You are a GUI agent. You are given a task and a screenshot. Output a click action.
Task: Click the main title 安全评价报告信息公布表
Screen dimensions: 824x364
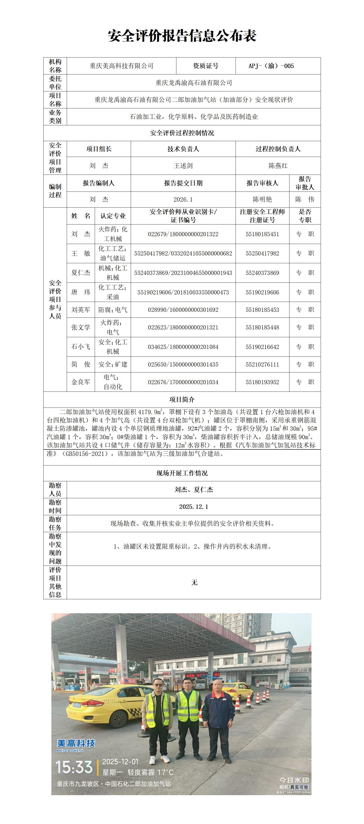tap(182, 36)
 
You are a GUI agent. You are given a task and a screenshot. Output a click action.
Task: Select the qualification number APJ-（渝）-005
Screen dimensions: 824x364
tap(271, 66)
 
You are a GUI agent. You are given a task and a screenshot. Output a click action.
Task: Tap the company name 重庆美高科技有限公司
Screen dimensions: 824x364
tap(121, 66)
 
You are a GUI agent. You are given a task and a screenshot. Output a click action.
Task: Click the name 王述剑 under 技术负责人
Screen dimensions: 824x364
tap(183, 166)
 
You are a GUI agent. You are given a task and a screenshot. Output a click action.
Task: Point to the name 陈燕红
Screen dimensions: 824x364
tap(278, 166)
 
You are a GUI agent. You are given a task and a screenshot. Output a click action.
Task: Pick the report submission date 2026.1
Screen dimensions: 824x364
tap(183, 200)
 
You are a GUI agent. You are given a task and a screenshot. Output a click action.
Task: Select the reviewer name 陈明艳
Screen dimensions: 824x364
tap(262, 200)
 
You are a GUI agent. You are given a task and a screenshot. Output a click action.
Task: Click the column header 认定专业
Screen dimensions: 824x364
tap(113, 216)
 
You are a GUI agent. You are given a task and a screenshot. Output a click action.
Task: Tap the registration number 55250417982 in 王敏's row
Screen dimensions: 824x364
tap(262, 253)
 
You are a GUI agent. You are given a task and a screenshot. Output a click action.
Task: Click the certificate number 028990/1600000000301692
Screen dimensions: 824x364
tap(183, 310)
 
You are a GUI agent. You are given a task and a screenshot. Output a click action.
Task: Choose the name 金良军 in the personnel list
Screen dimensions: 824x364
tap(81, 382)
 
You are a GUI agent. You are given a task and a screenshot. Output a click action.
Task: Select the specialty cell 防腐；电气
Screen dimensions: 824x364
tap(113, 310)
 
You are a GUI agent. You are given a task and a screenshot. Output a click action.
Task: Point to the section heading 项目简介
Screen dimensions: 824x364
tap(182, 400)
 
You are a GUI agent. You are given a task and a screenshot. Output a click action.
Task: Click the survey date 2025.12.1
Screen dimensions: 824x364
tap(194, 507)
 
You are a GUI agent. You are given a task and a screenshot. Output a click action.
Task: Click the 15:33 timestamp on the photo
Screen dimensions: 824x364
tap(74, 767)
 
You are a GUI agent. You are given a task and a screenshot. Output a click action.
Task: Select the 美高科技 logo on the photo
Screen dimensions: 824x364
tap(76, 744)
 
